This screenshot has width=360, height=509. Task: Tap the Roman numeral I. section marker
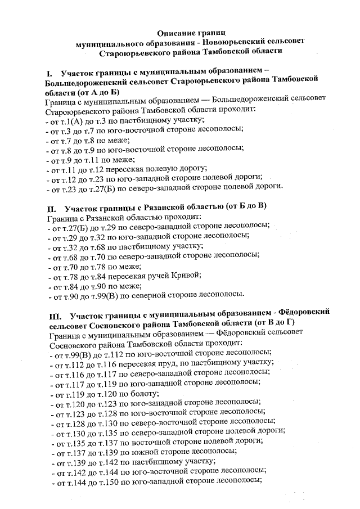point(49,73)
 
